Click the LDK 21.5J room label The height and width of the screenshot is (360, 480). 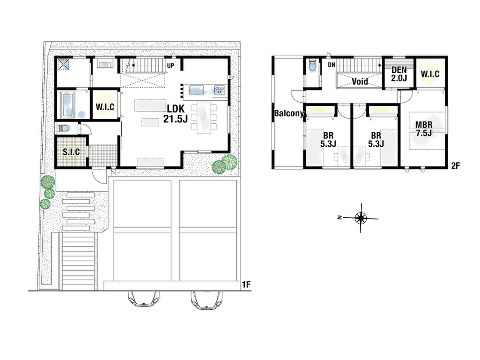coord(175,113)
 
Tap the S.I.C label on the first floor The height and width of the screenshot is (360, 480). coord(72,152)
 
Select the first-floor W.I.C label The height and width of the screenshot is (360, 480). coord(105,107)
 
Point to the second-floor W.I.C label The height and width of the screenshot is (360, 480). coord(430,74)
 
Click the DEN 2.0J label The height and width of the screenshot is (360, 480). coord(399,74)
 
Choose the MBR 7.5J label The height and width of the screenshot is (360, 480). coord(424,129)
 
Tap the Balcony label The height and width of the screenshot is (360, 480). coord(289,113)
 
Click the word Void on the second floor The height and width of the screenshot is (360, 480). coord(360,81)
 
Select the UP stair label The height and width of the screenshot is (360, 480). coord(170,66)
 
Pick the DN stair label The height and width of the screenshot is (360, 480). coord(332,65)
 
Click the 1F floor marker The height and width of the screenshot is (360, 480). coord(246,284)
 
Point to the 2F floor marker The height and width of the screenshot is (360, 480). coord(456,166)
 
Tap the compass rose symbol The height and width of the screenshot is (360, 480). coord(361,218)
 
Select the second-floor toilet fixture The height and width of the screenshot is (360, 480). coord(312,65)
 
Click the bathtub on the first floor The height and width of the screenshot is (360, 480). coord(68,104)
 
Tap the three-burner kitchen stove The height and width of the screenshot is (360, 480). coord(220,90)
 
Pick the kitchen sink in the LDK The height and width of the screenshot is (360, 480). coord(197,90)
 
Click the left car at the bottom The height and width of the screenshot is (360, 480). coord(144,299)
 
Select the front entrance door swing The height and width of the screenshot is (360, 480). coord(99,175)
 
